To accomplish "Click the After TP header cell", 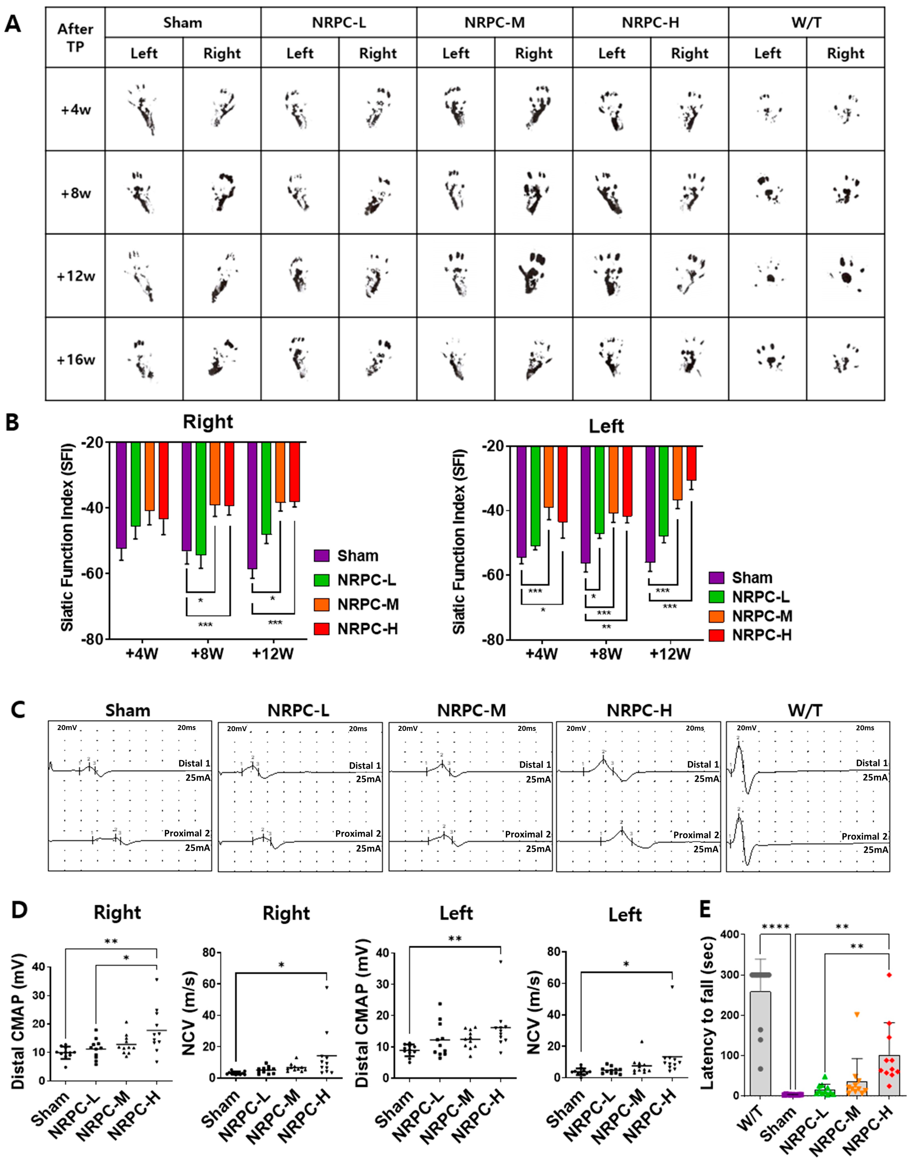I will click(x=75, y=37).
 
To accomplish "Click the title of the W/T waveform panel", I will click(x=805, y=710).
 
